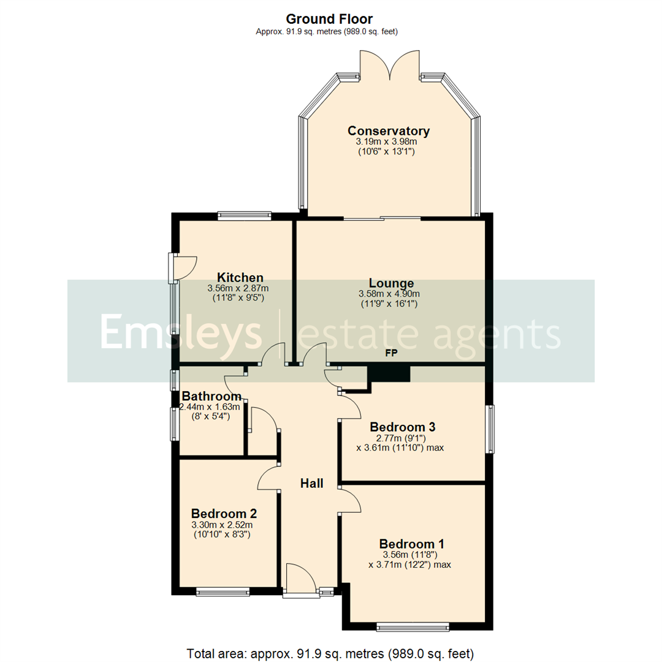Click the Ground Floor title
[329, 20]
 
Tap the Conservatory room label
[388, 131]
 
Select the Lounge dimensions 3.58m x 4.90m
[388, 294]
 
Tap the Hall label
[311, 484]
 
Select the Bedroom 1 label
[411, 544]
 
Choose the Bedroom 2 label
[224, 514]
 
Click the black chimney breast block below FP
[389, 372]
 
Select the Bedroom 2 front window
[223, 592]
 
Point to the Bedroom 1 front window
[413, 626]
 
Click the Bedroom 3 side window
[489, 429]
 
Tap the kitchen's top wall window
[245, 215]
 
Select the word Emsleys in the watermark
[181, 332]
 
